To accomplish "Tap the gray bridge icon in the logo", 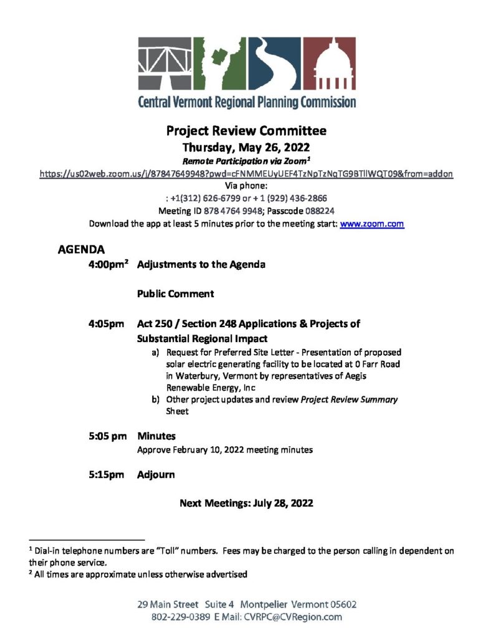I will tap(165, 65).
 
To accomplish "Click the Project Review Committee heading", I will tap(246, 131).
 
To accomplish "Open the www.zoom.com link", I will tap(372, 224).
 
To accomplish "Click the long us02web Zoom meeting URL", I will tap(246, 174).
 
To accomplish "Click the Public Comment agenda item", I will tap(176, 293).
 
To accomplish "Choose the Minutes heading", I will tap(156, 436).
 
